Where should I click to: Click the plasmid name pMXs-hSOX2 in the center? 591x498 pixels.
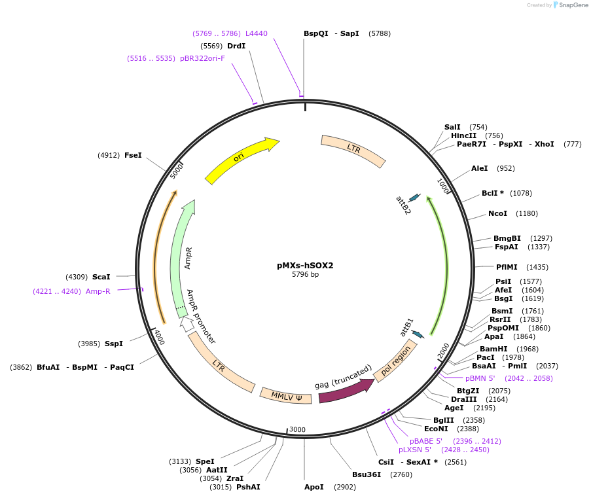(305, 266)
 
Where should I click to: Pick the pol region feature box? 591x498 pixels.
(395, 361)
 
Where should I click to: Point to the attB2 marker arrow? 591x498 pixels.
(414, 198)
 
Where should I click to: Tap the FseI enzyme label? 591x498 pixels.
(133, 155)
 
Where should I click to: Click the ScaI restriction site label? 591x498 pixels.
(101, 277)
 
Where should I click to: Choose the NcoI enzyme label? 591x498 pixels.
(497, 213)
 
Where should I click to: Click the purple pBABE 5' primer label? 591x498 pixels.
(426, 441)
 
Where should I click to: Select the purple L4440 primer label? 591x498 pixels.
(257, 33)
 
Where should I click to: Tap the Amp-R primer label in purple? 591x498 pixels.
(98, 291)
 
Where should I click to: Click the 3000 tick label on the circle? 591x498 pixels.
(297, 429)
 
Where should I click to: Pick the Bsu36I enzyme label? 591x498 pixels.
(367, 474)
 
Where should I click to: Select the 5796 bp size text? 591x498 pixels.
(305, 275)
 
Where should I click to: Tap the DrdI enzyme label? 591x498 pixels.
(236, 46)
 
